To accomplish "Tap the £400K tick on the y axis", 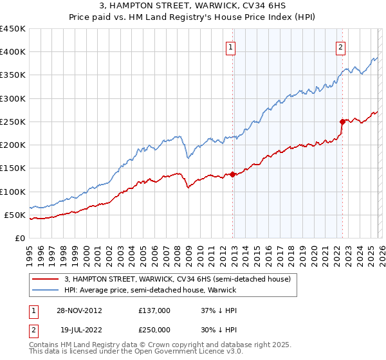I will click(x=13, y=52).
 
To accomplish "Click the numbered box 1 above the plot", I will click(x=230, y=46).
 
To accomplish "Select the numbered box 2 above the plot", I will click(x=340, y=46).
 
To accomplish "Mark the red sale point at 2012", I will click(x=232, y=174).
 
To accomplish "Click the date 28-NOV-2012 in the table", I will click(x=79, y=310).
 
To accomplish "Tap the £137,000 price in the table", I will click(x=154, y=310).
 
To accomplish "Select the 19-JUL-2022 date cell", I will click(x=79, y=329).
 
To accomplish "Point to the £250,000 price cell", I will click(x=154, y=329).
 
